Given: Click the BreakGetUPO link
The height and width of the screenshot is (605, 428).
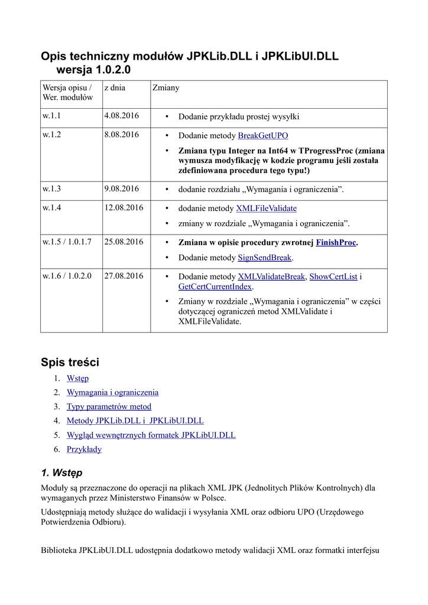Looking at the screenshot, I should (x=263, y=135).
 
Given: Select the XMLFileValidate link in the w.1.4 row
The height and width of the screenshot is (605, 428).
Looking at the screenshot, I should (x=266, y=208).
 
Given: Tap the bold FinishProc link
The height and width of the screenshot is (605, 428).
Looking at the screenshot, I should (x=336, y=242).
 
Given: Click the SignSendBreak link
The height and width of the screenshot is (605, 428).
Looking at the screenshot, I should (x=265, y=258).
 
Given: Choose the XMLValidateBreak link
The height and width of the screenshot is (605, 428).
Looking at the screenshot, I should (x=271, y=277).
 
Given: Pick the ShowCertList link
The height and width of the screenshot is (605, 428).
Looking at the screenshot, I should (x=333, y=277).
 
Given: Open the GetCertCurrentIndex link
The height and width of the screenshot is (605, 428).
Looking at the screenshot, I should (x=215, y=287).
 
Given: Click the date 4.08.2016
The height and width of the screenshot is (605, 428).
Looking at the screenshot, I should (x=121, y=116).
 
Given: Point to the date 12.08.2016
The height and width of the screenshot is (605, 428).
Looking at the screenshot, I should (x=124, y=208).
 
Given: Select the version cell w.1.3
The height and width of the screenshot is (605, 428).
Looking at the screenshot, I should (x=52, y=189).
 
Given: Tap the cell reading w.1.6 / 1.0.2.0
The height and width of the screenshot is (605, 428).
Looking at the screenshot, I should (x=67, y=276).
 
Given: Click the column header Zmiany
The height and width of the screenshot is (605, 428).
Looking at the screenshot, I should (x=166, y=87).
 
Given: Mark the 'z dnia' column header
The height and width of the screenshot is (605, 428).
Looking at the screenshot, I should (x=115, y=87).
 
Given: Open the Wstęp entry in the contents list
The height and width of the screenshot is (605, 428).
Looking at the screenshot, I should (x=77, y=378).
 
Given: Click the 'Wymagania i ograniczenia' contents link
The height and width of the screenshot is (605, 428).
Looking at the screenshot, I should (x=112, y=392).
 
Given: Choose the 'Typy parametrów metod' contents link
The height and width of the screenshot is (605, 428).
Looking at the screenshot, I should (x=109, y=406).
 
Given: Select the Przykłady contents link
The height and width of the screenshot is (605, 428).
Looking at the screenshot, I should (x=84, y=449).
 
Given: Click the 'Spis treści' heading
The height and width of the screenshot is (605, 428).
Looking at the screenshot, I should (x=70, y=362).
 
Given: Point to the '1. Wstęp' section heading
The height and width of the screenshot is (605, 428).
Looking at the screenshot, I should (x=61, y=473).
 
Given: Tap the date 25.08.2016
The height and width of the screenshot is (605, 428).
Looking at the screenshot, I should (x=124, y=242).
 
